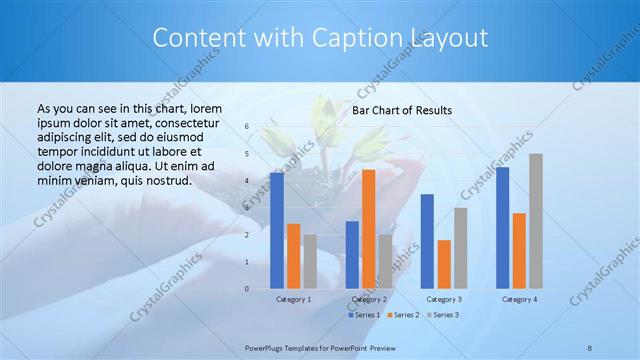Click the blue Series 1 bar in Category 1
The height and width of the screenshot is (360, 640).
277,231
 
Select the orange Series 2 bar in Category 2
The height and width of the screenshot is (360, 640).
368,229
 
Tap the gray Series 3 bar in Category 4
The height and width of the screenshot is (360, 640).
536,221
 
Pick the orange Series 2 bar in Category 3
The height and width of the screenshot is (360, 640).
444,264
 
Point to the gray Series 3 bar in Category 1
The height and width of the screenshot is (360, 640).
310,262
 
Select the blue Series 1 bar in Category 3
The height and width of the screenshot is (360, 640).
427,241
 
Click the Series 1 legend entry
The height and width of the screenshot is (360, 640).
364,315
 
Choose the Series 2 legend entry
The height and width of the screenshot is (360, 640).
403,315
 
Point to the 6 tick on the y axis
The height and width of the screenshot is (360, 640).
246,127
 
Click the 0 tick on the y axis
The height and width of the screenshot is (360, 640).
246,289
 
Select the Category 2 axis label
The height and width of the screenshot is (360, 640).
369,299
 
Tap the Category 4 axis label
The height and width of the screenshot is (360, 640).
519,299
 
